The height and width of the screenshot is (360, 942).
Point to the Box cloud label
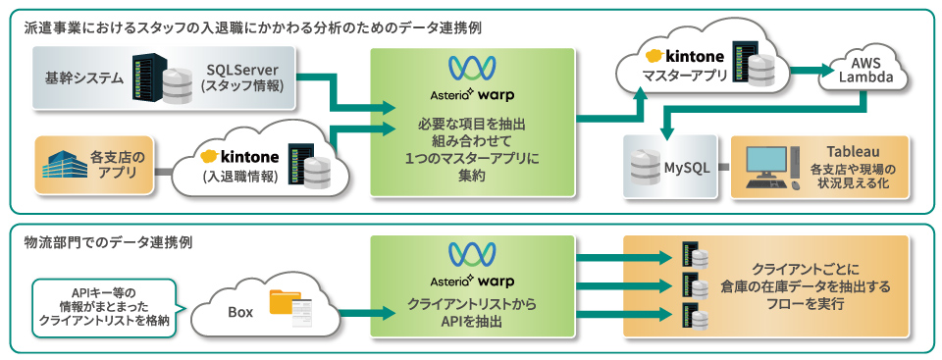[240, 312]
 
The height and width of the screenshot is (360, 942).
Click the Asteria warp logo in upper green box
[472, 79]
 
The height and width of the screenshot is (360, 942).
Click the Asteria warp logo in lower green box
[472, 266]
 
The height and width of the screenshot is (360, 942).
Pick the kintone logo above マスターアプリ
[685, 57]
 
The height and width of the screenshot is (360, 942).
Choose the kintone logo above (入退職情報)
[239, 157]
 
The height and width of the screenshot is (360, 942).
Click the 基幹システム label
[84, 78]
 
